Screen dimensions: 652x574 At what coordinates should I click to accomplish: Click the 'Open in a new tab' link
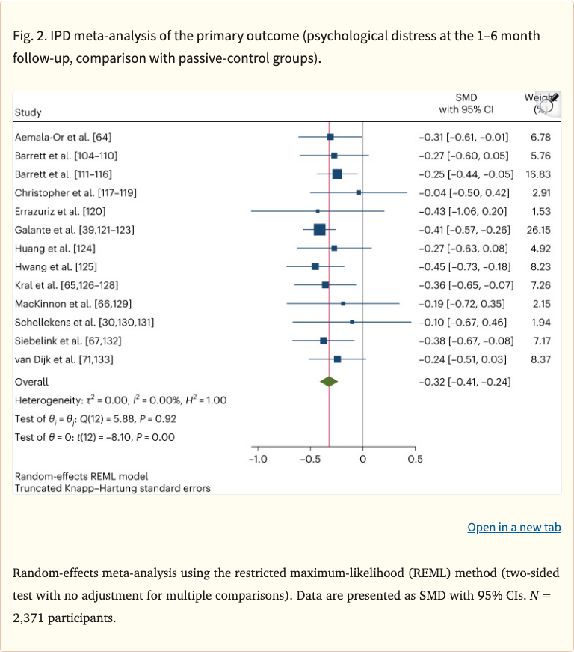click(x=513, y=528)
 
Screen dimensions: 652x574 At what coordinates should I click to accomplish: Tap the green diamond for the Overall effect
click(x=329, y=382)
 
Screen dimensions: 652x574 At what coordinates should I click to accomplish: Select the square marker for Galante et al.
click(x=320, y=229)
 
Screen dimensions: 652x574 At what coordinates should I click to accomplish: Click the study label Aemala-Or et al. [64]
click(x=63, y=137)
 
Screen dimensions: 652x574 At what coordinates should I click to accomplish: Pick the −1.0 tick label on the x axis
click(x=258, y=459)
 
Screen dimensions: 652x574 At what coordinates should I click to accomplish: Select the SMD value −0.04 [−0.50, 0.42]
click(x=464, y=192)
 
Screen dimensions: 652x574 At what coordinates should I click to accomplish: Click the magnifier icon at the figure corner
click(x=547, y=105)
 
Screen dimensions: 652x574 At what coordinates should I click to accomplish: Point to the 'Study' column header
click(x=28, y=112)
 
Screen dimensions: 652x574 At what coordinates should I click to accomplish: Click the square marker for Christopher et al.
click(x=359, y=192)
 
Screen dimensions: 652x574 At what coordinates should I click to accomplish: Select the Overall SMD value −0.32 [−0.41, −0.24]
click(x=465, y=382)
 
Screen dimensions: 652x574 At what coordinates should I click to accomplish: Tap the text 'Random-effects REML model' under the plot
click(x=81, y=476)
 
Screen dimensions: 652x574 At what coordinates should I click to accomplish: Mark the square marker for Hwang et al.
click(x=315, y=266)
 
